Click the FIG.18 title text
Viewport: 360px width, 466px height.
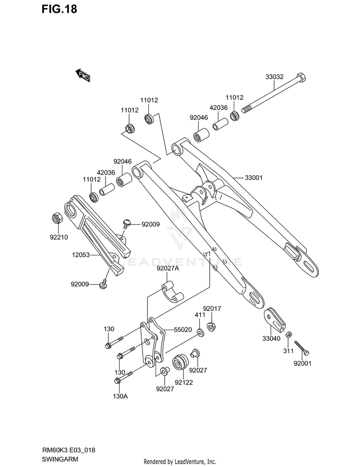59,9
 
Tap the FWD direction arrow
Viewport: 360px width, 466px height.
83,75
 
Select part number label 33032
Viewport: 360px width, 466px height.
275,77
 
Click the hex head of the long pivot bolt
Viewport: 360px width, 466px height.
301,77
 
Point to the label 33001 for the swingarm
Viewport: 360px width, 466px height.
253,178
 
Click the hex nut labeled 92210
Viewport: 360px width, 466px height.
57,218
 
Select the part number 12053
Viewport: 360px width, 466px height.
81,255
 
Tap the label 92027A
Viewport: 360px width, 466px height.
168,269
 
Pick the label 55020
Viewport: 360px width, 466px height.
183,330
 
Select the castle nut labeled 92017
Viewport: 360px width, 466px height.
211,326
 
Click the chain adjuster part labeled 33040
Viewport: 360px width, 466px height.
275,322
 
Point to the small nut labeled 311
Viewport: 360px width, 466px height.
288,335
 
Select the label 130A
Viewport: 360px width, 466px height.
120,396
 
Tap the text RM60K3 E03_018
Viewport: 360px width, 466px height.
68,450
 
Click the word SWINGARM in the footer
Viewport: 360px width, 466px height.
60,459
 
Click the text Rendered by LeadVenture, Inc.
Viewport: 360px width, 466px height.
180,462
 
